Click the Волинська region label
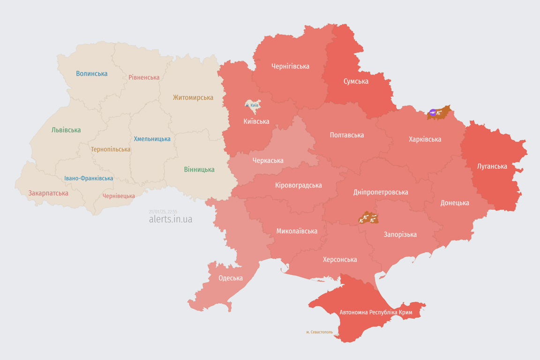(x=91, y=74)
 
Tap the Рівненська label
(x=144, y=77)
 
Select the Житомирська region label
(x=193, y=97)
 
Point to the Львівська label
(x=66, y=130)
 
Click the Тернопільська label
(x=111, y=150)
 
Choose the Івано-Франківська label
(x=89, y=179)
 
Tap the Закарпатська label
(x=48, y=193)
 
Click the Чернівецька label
(x=119, y=196)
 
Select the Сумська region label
(x=356, y=82)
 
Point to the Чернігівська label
(x=290, y=67)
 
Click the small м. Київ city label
(x=252, y=105)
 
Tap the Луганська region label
(x=492, y=166)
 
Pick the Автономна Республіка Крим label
(x=368, y=312)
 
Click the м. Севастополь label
(x=319, y=332)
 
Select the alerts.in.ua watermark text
(x=170, y=219)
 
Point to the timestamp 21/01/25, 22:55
(x=163, y=212)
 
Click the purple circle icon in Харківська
(x=433, y=112)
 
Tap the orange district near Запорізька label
(x=368, y=218)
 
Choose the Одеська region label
(x=231, y=278)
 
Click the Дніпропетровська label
(x=380, y=192)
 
